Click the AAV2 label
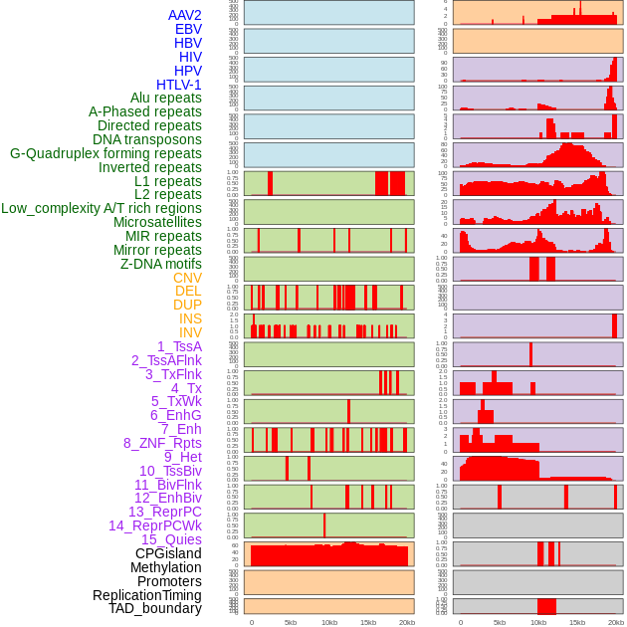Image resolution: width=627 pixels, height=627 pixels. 184,15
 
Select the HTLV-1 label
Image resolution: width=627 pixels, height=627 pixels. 178,85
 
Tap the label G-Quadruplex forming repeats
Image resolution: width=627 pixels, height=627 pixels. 105,153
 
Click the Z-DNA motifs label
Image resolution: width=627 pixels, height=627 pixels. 160,264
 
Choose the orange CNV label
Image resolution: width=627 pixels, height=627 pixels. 187,278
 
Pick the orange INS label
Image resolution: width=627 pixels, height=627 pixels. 190,318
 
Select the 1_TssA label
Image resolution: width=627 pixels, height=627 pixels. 179,346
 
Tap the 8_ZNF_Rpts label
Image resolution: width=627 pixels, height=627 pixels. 162,443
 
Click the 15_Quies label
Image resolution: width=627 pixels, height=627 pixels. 171,539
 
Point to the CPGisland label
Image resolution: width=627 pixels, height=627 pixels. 168,553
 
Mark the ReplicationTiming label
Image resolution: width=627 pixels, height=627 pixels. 146,595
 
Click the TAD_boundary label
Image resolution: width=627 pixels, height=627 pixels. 154,608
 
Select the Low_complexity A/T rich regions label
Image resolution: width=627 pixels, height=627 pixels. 102,208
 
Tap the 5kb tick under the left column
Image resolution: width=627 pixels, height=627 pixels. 291,622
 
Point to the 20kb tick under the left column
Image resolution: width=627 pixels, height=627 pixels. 406,622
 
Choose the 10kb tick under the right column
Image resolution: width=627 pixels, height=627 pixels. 538,622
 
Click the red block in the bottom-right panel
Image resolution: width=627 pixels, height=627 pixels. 546,606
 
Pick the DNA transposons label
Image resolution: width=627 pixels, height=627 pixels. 147,139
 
